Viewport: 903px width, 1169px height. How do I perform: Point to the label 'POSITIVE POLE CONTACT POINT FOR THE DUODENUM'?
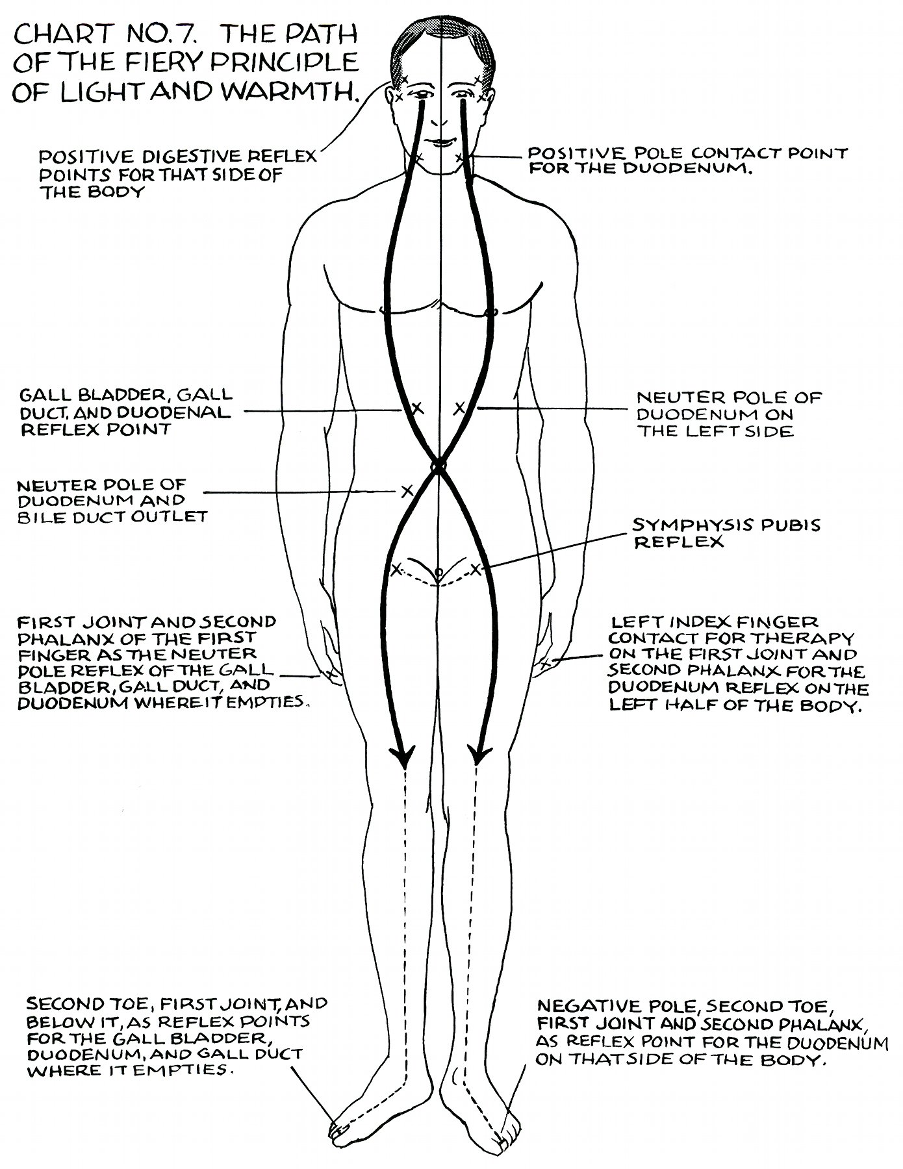tap(687, 162)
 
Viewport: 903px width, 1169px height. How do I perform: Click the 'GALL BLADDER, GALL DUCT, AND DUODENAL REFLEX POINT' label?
tap(126, 412)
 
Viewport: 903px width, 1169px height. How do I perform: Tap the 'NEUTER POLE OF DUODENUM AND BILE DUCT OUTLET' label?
tap(112, 501)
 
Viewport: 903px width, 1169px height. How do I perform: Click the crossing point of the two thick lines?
tap(439, 465)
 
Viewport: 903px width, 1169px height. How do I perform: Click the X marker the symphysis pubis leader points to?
tap(476, 570)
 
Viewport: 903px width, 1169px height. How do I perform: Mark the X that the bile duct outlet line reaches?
tap(407, 490)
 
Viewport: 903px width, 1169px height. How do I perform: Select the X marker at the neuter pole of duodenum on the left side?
tap(459, 408)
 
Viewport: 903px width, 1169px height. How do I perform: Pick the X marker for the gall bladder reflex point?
tap(418, 409)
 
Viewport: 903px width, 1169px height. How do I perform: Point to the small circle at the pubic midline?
tap(439, 572)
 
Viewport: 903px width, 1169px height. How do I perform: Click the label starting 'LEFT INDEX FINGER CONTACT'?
tap(738, 664)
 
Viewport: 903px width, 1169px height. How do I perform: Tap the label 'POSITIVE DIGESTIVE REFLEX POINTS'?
tap(177, 173)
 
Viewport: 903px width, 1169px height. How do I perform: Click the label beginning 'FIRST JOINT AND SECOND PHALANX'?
tap(161, 661)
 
